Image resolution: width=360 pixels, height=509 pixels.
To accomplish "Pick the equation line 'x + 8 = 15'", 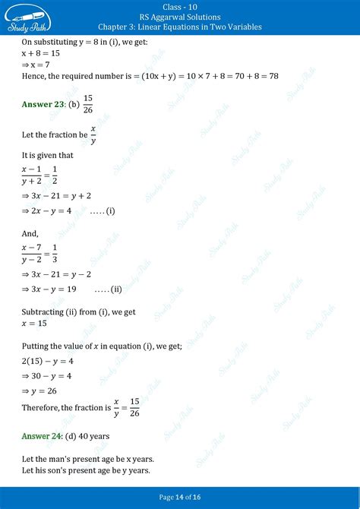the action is (42, 54).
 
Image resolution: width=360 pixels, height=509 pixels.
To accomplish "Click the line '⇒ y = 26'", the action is (41, 393).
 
